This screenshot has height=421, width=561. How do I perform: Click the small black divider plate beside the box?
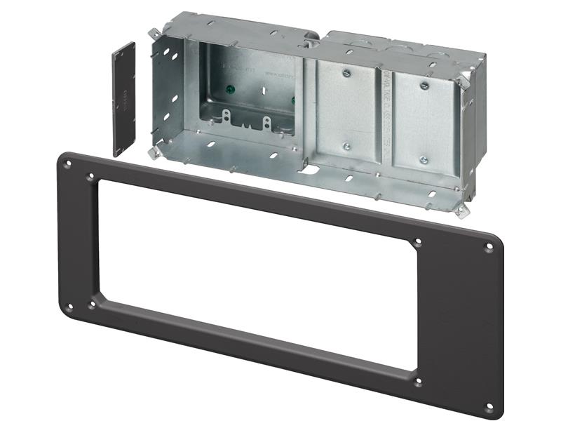point(123,99)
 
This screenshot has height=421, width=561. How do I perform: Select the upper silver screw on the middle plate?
point(346,72)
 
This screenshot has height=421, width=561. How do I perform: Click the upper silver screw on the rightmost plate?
point(424,86)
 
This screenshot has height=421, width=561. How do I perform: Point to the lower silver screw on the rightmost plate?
point(424,160)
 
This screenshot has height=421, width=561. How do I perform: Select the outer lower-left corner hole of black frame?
point(69,305)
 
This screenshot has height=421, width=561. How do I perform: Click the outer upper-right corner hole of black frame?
point(489,247)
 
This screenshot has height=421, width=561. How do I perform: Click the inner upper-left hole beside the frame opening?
point(90,178)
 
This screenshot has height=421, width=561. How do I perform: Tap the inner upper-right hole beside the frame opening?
point(419,243)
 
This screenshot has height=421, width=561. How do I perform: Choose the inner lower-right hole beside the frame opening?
point(419,382)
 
